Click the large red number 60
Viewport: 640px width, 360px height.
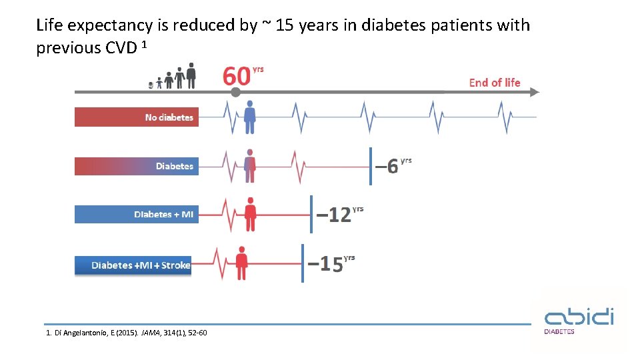(x=237, y=76)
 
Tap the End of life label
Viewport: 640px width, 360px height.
(x=494, y=83)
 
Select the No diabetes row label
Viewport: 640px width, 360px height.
(x=169, y=117)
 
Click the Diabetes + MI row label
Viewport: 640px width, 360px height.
(x=163, y=214)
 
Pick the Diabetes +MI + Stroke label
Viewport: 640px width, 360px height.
(x=141, y=265)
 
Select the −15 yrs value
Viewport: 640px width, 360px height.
(x=331, y=264)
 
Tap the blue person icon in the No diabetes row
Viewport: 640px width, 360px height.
(x=250, y=117)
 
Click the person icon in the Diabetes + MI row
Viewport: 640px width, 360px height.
(x=251, y=214)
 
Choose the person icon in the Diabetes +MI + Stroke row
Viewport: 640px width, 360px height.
(x=241, y=263)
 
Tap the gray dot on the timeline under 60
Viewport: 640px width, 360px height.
(x=235, y=92)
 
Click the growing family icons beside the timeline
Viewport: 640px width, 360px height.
(x=175, y=76)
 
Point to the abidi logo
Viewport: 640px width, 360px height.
(x=579, y=319)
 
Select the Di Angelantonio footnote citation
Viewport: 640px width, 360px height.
(x=126, y=333)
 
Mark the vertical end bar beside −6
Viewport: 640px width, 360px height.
(x=371, y=166)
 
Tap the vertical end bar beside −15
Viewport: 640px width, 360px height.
(x=303, y=263)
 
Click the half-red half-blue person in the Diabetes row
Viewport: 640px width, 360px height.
(x=250, y=166)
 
